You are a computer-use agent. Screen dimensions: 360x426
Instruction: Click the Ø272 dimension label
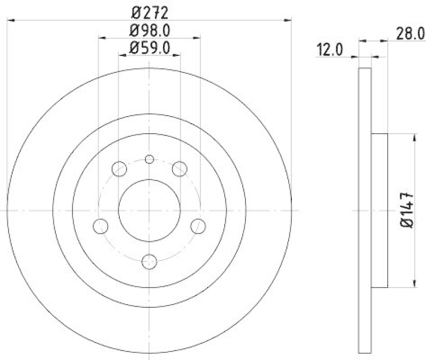click(x=150, y=11)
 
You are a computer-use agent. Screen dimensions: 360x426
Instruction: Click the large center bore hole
click(x=150, y=211)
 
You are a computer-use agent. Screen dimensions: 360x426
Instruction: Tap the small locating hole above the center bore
click(x=150, y=159)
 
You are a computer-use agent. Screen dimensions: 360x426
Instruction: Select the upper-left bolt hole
click(x=119, y=169)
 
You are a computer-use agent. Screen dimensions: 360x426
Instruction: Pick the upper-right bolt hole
click(x=180, y=169)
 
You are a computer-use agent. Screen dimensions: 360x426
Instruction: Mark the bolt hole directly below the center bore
click(x=150, y=261)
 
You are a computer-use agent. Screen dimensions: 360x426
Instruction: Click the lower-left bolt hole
click(x=100, y=226)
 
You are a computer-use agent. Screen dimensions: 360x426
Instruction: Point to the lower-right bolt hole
click(x=199, y=226)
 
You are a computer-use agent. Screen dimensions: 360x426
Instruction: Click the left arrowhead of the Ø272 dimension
click(x=11, y=20)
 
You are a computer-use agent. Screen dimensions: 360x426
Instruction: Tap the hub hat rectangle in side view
click(x=379, y=211)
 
